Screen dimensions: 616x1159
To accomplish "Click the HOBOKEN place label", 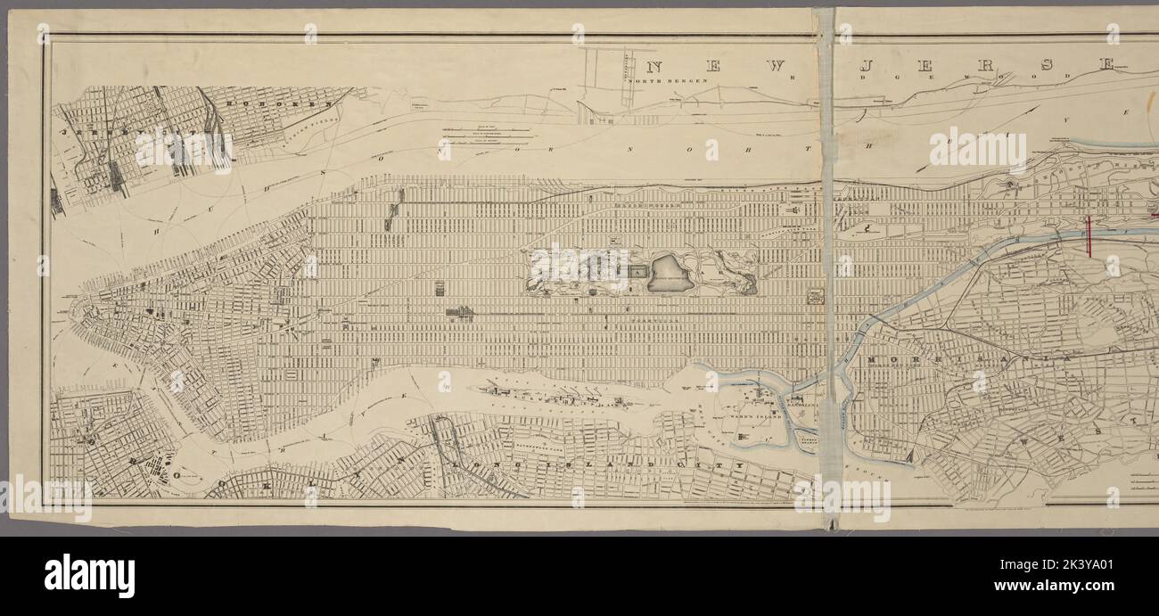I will coord(259,103).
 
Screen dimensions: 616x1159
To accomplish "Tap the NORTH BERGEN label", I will coord(668,81).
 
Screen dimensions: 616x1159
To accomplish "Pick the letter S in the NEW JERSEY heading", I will coord(1046,65).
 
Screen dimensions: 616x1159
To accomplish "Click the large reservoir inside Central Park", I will coord(670,273).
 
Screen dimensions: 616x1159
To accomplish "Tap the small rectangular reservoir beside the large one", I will coord(637,270).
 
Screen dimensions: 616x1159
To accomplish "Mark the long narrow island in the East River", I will coord(553,392).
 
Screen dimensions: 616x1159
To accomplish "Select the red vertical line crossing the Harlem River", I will coord(1089,236).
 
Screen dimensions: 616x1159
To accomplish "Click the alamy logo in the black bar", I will coord(89,576).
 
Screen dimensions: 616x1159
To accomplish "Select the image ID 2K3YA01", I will coord(1105,575).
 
